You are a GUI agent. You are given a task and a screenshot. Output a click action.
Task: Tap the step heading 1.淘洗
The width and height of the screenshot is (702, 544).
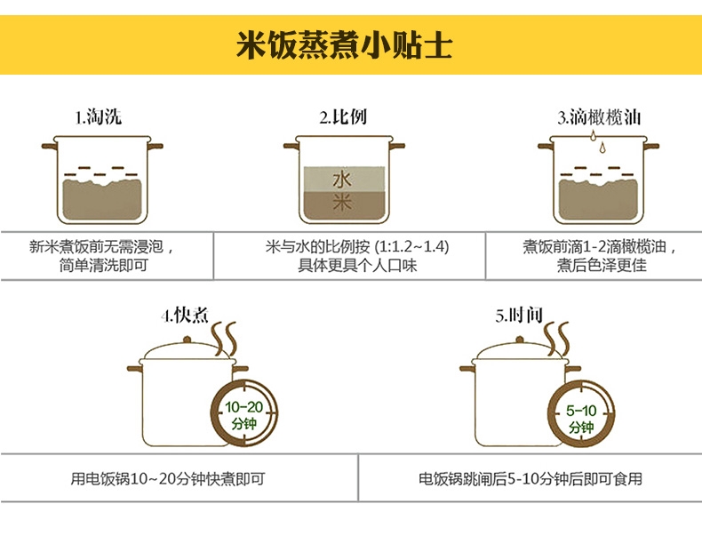click(x=98, y=117)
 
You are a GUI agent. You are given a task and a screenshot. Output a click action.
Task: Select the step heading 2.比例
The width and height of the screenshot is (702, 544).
click(x=342, y=117)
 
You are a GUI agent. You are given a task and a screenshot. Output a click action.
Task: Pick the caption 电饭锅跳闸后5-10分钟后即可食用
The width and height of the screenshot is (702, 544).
click(x=530, y=479)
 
